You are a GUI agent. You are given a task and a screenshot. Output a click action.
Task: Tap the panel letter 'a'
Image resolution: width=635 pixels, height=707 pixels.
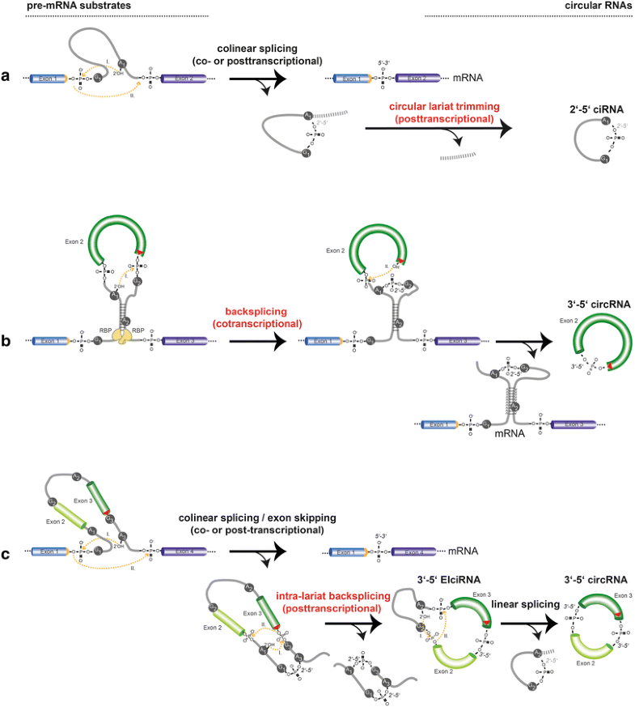(x=6, y=76)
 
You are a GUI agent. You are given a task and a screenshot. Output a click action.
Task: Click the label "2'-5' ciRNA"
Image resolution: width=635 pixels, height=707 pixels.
(x=596, y=103)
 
